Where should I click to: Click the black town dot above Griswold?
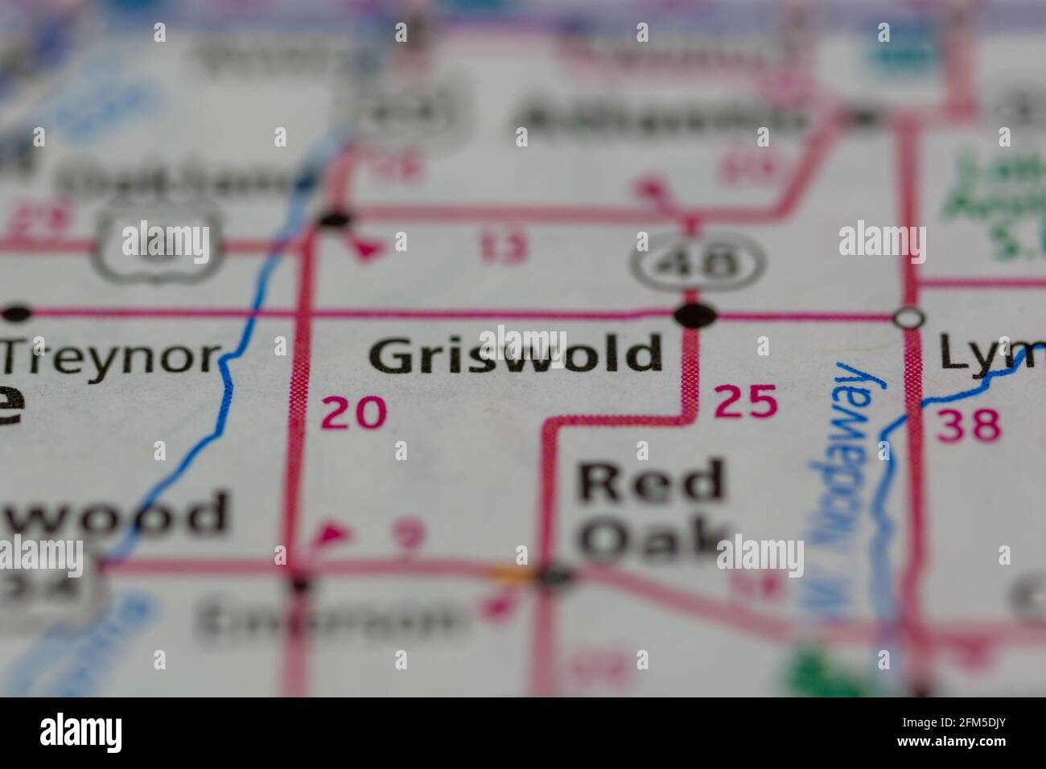695,315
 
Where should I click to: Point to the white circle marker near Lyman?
909,319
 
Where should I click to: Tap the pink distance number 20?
353,413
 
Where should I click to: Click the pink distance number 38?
968,424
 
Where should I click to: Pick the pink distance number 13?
504,247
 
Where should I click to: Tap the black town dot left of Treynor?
16,312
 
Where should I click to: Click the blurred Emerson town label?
330,620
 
